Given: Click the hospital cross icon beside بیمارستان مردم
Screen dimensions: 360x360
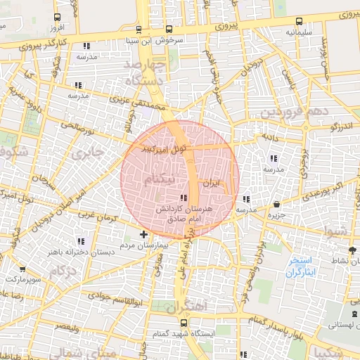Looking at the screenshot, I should pos(143,233).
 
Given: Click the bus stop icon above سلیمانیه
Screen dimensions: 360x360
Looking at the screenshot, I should pos(300,21).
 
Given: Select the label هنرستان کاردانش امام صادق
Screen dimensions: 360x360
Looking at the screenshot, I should pos(181,214).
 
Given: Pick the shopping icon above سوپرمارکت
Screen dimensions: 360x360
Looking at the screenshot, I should pos(22,268).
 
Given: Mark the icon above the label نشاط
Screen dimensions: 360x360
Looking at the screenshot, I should pos(352,250).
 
